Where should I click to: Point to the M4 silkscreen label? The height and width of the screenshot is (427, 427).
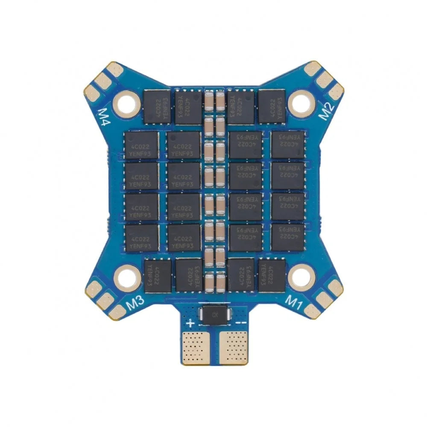pyautogui.click(x=103, y=116)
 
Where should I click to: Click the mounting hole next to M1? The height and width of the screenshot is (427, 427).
pyautogui.click(x=302, y=276)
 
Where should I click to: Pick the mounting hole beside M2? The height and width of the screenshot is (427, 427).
pyautogui.click(x=301, y=102)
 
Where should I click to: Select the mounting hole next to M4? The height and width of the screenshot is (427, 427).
pyautogui.click(x=127, y=102)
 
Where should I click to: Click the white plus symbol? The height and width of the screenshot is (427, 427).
pyautogui.click(x=190, y=323)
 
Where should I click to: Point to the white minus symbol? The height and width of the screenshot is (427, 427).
pyautogui.click(x=240, y=323)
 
